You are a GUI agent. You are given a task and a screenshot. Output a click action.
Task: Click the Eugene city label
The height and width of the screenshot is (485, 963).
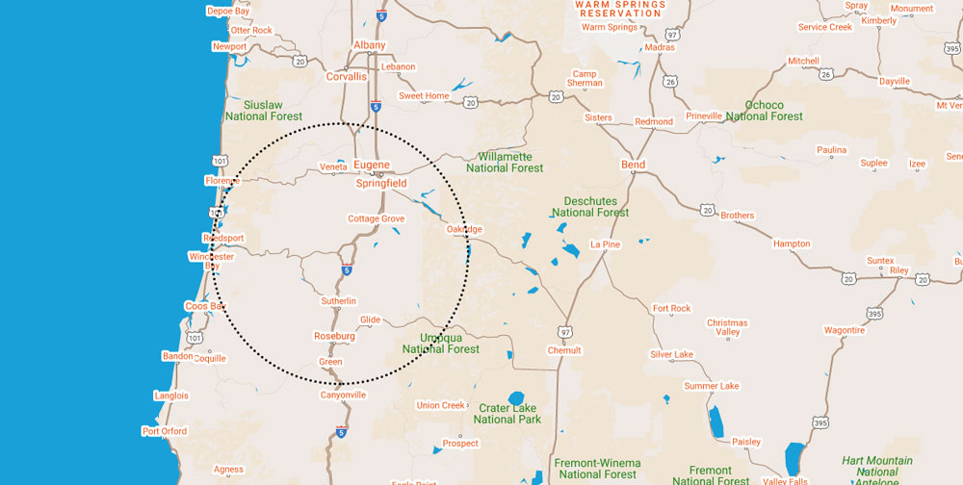pos(371,166)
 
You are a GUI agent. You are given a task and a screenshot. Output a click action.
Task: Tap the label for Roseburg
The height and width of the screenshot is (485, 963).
pos(334,337)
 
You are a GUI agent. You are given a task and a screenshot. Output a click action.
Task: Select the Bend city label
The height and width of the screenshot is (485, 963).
pos(633,166)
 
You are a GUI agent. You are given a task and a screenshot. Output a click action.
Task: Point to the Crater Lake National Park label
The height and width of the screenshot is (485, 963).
pos(508,414)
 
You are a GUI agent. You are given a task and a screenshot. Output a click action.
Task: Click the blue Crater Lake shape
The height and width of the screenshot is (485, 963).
pos(515,396)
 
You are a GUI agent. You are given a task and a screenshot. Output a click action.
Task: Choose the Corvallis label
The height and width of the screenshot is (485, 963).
pos(347,77)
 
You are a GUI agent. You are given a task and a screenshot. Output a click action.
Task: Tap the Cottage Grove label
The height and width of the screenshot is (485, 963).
pos(376,219)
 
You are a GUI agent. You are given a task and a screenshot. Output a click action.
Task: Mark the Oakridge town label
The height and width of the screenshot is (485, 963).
pos(464,230)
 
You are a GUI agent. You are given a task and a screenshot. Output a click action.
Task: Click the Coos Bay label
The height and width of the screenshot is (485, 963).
pos(204,307)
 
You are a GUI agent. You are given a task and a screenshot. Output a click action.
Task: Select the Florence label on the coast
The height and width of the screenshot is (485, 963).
pos(221,181)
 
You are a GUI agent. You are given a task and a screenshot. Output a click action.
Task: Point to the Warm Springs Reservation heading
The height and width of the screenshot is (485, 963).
pos(621,10)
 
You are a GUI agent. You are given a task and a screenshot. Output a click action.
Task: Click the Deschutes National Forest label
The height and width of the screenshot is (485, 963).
pos(590,206)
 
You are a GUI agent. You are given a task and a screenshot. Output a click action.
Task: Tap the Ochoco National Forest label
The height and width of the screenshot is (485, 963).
pos(764,111)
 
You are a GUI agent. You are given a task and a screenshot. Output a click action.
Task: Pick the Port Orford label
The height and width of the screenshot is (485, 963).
pos(165,431)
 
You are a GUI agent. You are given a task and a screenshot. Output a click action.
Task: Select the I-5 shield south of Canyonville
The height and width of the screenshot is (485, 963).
pos(342,432)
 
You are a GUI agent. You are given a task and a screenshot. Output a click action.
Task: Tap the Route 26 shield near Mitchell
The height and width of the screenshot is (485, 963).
pos(826,73)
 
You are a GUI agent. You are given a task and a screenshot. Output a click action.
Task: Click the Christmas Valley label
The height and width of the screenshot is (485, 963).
pos(727,327)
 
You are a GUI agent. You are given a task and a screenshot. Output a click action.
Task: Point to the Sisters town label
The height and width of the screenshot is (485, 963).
pos(598,118)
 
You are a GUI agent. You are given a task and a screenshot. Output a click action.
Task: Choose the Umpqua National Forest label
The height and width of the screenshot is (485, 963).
pos(441,344)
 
